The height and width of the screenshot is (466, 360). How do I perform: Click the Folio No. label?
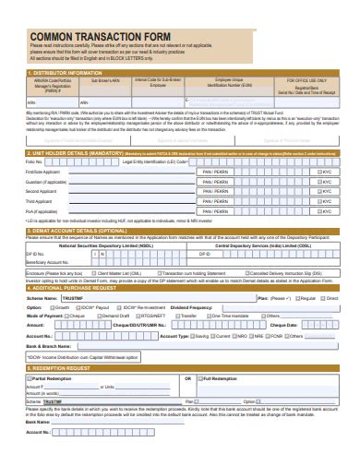pos(35,161)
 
